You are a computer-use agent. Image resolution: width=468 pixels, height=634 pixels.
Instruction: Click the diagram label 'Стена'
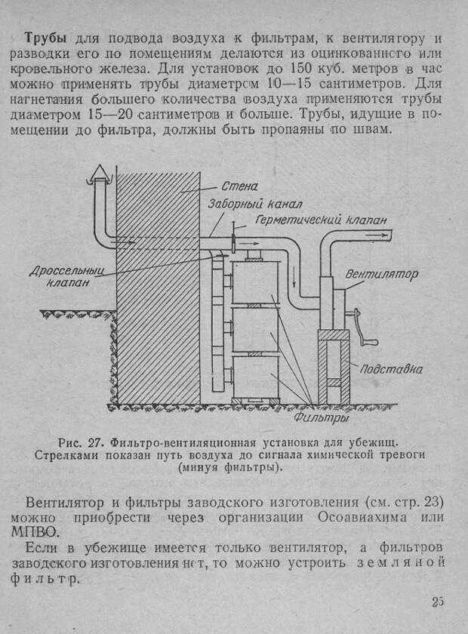(x=239, y=186)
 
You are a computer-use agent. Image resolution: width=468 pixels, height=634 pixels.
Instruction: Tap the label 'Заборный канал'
(x=255, y=205)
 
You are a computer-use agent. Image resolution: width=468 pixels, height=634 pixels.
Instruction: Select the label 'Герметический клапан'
(x=321, y=220)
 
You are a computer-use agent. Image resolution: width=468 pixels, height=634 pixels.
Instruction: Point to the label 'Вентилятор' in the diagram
(x=381, y=275)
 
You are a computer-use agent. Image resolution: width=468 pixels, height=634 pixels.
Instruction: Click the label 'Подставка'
(x=391, y=369)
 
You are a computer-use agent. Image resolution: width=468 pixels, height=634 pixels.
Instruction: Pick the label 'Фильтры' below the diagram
(x=321, y=417)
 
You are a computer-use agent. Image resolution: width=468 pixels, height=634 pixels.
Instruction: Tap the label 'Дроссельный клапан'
(x=67, y=276)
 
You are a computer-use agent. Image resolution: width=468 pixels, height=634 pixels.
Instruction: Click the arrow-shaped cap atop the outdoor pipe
(x=98, y=174)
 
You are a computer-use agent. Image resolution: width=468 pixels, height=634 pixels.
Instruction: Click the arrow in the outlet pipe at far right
(x=376, y=234)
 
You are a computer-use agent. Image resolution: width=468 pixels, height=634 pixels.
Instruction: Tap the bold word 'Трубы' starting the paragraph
(x=46, y=38)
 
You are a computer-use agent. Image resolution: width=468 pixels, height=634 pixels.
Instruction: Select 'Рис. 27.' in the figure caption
(x=82, y=442)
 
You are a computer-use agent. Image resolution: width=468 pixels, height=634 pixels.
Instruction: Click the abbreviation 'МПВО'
(x=35, y=532)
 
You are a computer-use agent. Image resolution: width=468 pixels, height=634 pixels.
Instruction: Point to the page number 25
(x=437, y=602)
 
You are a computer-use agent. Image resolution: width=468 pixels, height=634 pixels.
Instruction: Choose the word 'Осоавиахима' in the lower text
(x=362, y=518)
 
